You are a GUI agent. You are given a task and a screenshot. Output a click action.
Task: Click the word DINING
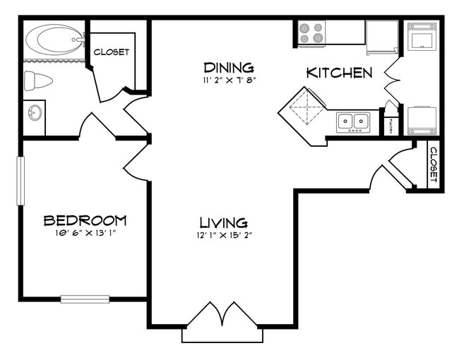coord(228,68)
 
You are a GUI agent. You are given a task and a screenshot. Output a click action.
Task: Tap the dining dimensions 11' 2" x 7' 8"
coord(228,80)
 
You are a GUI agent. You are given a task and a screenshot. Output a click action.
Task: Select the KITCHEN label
coord(339,73)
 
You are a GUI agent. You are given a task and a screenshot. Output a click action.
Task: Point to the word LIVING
coord(222,222)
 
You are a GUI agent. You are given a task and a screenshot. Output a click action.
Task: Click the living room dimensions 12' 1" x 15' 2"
coord(222,235)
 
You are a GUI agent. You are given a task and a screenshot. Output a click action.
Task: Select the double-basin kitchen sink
coord(353,121)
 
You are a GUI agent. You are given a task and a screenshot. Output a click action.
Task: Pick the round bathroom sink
coord(33,112)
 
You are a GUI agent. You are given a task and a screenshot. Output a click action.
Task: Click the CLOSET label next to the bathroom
coord(112,52)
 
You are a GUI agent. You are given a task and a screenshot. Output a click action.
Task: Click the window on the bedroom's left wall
coord(21,181)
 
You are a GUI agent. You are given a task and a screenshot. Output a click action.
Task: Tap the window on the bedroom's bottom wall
coord(85,299)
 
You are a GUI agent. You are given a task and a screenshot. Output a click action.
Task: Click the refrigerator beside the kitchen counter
coord(382,37)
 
